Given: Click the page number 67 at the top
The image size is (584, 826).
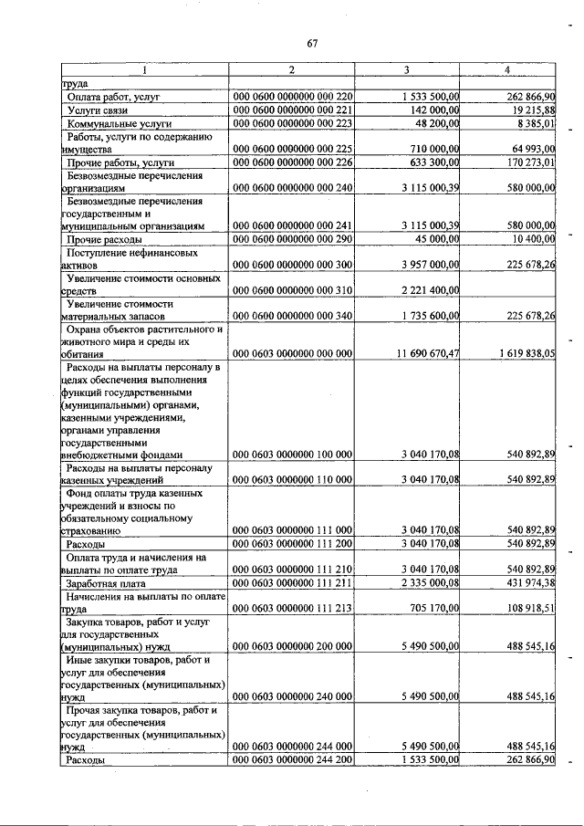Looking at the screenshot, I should [x=312, y=43].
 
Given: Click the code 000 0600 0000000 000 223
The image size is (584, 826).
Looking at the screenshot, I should [x=293, y=123].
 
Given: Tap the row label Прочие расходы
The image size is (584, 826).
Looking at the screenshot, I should [x=99, y=239].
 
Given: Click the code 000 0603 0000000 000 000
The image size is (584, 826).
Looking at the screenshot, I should [x=293, y=353].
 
